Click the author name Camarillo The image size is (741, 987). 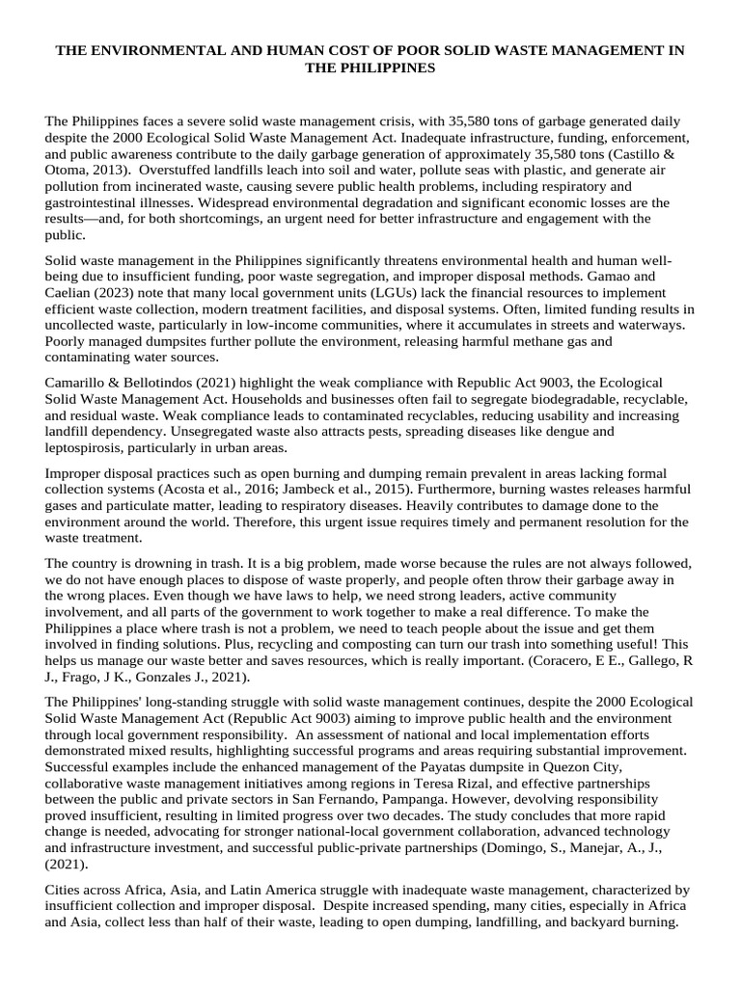pyautogui.click(x=82, y=383)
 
